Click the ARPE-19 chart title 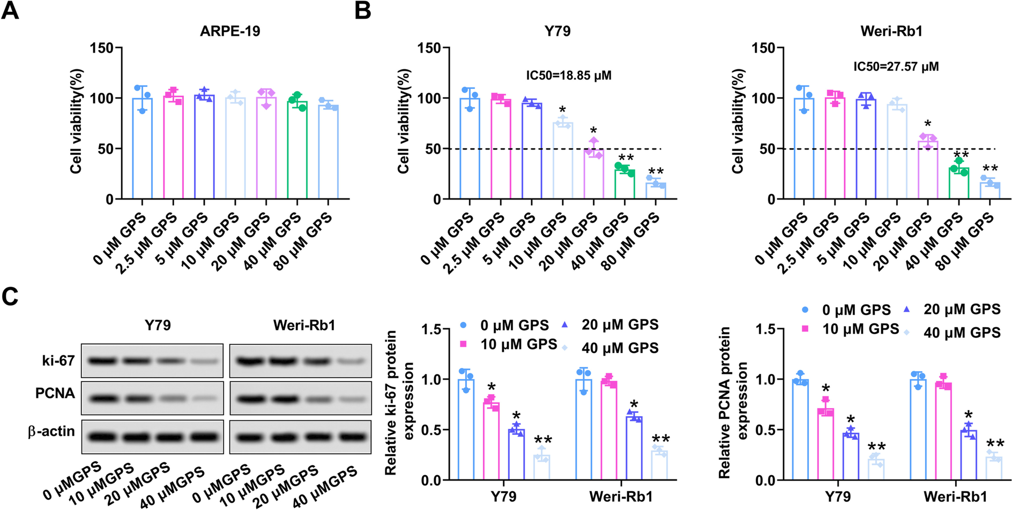[230, 31]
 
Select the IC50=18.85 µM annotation [568, 75]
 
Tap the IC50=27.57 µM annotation [896, 66]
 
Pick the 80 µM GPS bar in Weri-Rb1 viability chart [989, 191]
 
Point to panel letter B [363, 11]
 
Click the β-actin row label [51, 432]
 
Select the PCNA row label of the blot [55, 394]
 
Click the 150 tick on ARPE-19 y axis [102, 48]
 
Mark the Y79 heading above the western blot [157, 325]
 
